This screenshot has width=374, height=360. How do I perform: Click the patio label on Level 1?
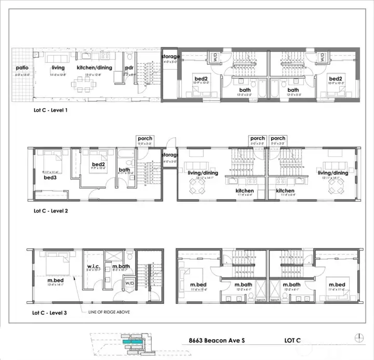click(22, 68)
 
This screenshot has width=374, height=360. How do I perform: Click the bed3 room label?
click(50, 177)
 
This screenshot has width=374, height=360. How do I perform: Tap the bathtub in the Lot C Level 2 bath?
click(125, 153)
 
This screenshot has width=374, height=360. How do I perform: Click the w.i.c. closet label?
click(94, 268)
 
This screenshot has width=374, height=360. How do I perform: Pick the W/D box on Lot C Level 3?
click(129, 284)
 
